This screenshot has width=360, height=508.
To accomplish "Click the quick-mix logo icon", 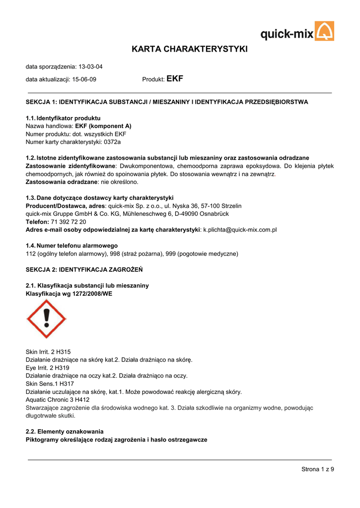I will [x=325, y=31].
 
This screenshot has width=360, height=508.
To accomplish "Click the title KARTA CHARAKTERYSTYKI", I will [x=189, y=49].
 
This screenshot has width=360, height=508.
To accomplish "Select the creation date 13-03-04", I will [x=90, y=66].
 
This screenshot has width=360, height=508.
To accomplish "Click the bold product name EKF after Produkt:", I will [x=175, y=79].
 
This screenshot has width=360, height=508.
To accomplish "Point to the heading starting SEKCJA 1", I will [x=167, y=102].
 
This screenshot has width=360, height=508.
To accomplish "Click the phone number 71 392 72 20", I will [x=68, y=222].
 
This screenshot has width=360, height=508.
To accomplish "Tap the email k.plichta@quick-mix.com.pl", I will [x=240, y=230].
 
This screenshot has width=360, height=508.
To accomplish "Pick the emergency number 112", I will [x=30, y=254].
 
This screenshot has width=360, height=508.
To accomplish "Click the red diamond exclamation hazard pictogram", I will [x=46, y=319].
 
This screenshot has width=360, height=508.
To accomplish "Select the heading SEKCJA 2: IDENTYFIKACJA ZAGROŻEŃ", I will [x=84, y=270].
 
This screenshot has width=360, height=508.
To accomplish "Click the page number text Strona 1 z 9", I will [x=318, y=469].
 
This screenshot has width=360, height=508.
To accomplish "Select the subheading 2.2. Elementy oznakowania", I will [x=65, y=432].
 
